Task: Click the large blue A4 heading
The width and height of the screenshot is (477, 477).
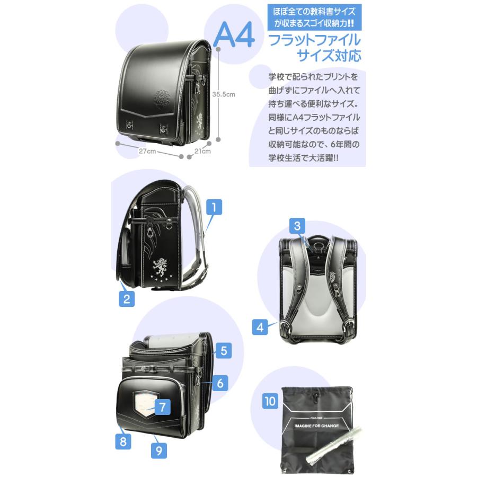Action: tap(234, 34)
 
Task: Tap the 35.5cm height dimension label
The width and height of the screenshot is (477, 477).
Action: tap(224, 94)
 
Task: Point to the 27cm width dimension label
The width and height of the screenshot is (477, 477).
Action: tap(147, 151)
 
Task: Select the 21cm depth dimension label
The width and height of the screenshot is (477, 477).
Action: tap(202, 151)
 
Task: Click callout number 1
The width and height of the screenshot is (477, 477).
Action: tap(214, 207)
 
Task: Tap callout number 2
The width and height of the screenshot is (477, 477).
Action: tap(127, 299)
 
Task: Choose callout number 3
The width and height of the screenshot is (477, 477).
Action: tap(297, 226)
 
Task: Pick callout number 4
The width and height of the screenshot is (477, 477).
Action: tap(260, 327)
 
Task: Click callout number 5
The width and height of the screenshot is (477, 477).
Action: tap(224, 350)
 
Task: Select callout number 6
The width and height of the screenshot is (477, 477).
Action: tap(220, 383)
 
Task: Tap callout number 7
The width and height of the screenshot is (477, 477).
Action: tap(163, 407)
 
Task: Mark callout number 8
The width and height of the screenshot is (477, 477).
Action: tap(123, 441)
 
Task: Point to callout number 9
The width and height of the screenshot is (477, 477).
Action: tap(159, 450)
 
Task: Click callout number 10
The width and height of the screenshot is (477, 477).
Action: tap(270, 401)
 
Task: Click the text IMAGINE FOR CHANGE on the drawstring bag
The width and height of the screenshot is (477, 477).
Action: tap(316, 426)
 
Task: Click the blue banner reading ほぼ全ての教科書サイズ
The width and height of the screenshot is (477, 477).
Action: tap(314, 17)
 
